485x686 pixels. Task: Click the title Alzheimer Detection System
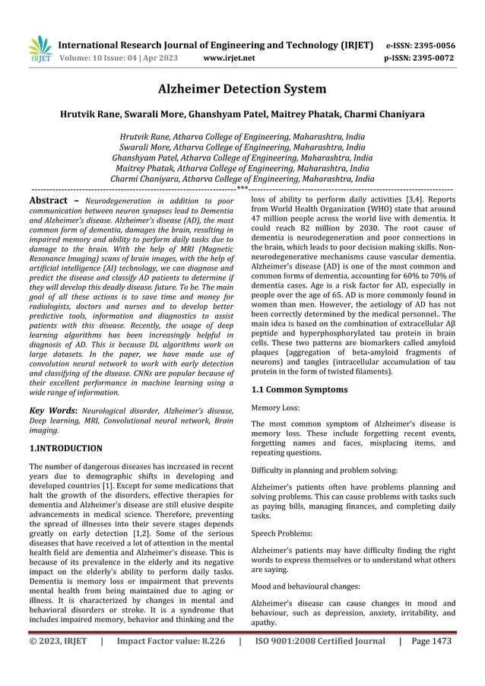coord(242,90)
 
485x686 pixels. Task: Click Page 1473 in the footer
coord(430,640)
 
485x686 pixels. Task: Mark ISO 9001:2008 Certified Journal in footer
coord(320,640)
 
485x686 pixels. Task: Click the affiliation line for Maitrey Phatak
coord(242,168)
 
